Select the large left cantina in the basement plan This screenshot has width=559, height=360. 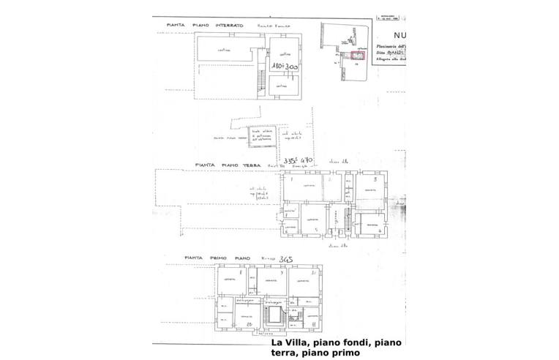223,51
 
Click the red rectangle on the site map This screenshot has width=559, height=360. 358,54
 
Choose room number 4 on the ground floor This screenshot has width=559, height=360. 373,224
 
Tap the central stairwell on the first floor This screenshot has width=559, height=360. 275,315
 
